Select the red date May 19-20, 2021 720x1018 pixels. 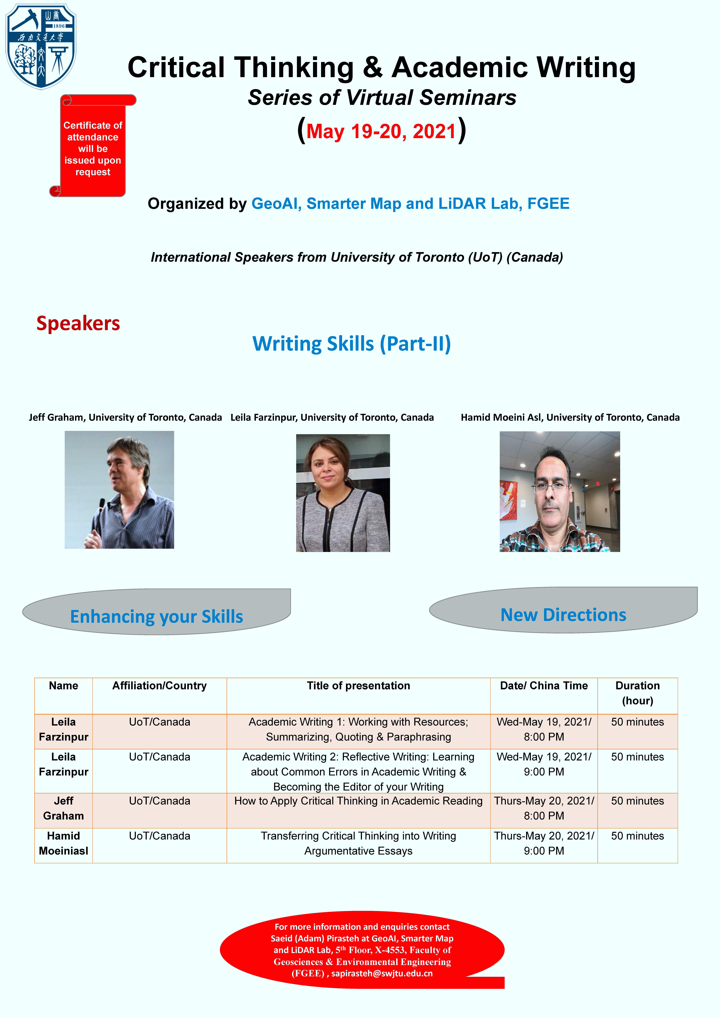[381, 131]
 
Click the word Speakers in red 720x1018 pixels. [78, 323]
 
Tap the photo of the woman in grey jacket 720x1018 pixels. [343, 493]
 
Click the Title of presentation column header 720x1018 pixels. [358, 686]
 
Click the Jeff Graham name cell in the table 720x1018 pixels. [63, 808]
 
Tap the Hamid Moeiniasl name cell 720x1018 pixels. [63, 843]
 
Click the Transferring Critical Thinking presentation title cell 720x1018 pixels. [358, 843]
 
